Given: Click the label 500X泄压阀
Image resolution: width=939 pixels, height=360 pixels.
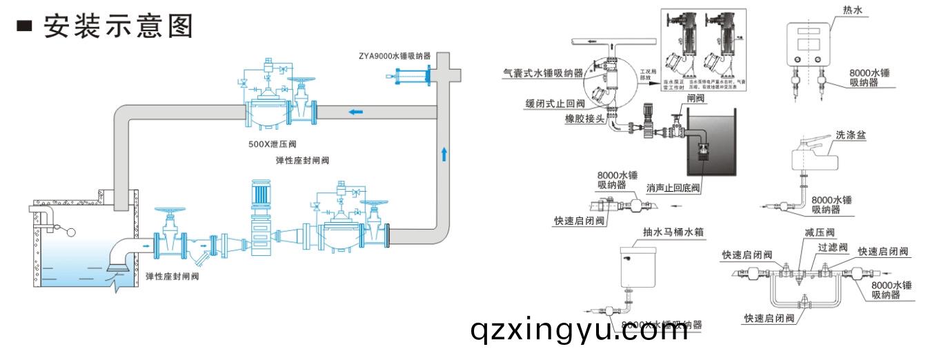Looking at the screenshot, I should point(272,146).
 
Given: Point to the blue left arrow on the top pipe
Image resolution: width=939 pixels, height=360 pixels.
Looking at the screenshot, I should point(355,112).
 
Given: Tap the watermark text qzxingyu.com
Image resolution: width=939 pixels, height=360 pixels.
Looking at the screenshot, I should point(579,332).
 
